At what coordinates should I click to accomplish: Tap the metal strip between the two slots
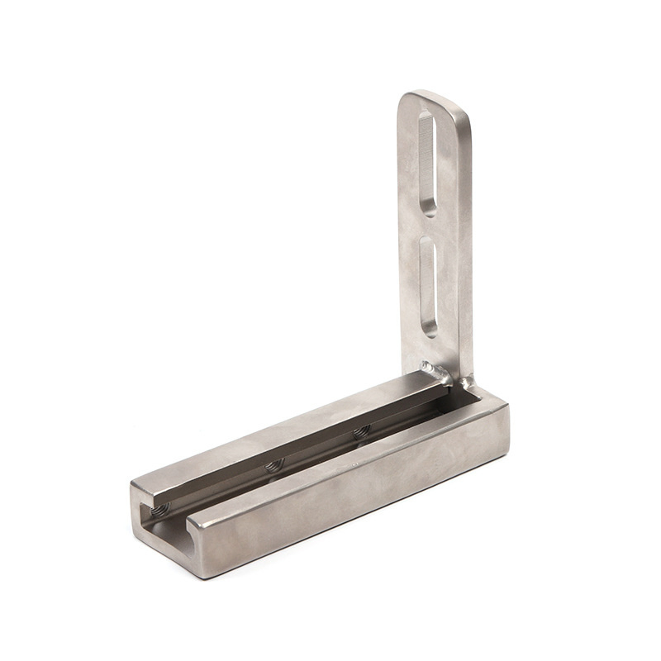coord(430,226)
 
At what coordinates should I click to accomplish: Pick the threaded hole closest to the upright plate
coord(361,431)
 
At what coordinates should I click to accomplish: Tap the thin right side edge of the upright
coord(468,248)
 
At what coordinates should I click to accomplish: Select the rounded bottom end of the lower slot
coord(430,330)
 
